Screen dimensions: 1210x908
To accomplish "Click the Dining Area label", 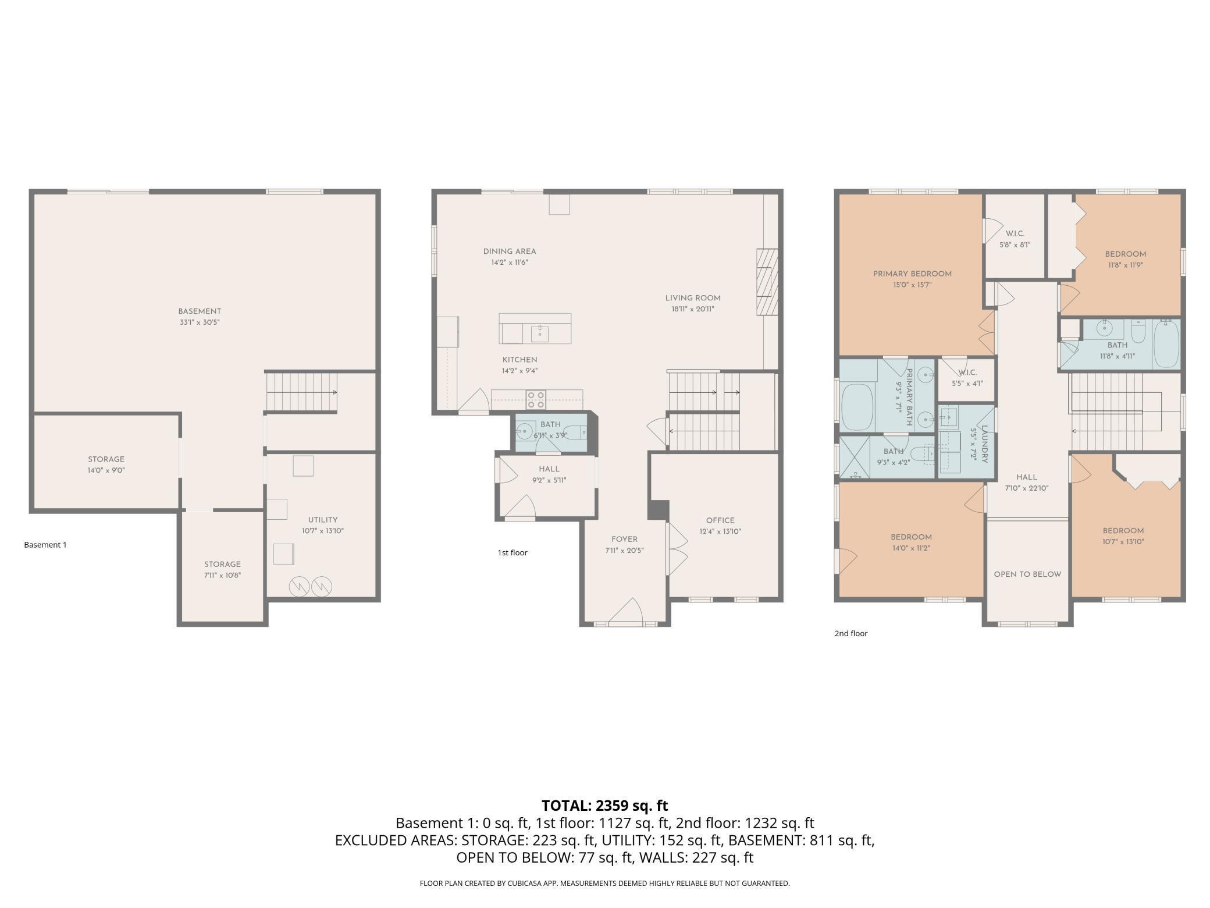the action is (510, 251).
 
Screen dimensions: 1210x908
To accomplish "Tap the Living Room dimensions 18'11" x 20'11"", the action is (693, 309).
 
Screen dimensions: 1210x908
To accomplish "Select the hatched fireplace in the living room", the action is (767, 282).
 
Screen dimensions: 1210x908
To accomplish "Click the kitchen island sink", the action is (540, 333).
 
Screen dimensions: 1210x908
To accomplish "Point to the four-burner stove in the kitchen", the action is (536, 400).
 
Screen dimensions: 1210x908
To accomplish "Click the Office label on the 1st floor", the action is (720, 520).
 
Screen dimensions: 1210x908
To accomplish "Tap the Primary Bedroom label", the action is (912, 274).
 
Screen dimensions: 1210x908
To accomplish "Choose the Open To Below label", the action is (1027, 574).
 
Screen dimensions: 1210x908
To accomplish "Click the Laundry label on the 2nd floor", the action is (985, 444).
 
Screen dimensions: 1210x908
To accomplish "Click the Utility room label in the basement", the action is (323, 520).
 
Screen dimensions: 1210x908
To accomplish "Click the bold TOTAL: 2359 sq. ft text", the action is (605, 806).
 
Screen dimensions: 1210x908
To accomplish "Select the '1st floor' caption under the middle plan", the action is (513, 552).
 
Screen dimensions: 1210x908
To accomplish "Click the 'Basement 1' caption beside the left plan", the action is (45, 545).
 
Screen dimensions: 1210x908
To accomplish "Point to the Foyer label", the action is (624, 539).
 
